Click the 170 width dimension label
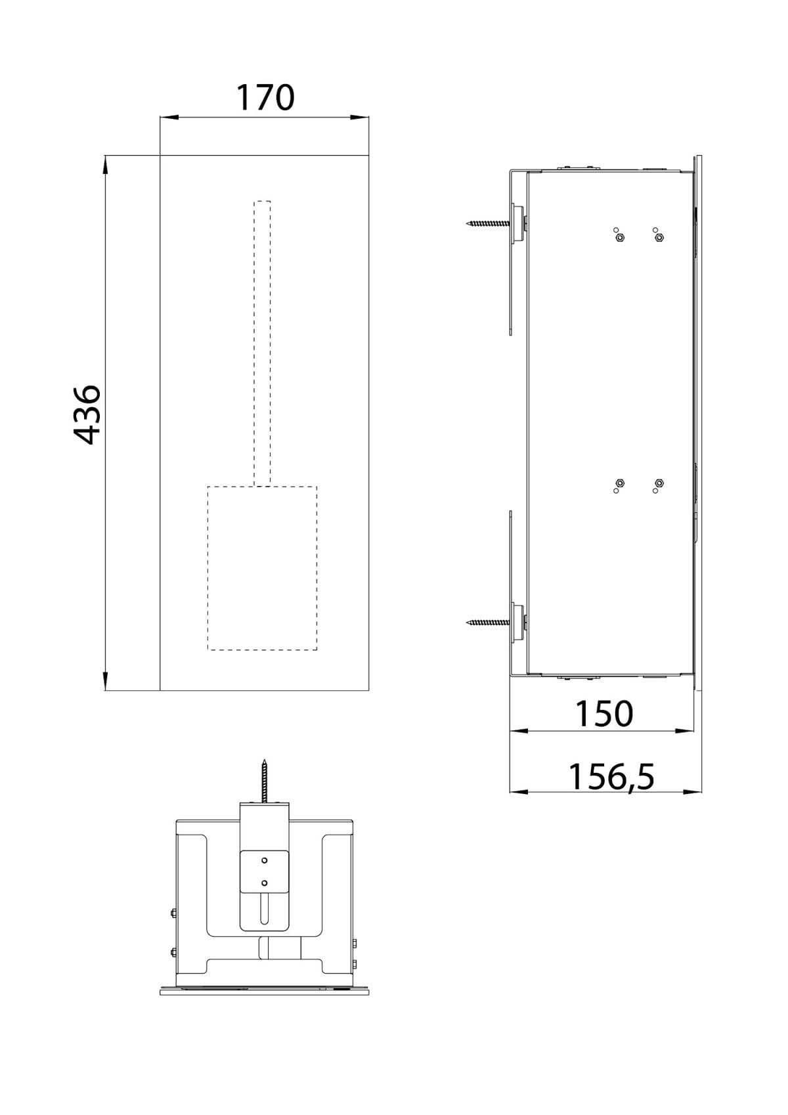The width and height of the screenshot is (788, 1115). [x=265, y=97]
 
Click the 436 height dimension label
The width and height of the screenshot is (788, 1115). [x=87, y=415]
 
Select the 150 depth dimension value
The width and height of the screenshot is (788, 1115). [x=604, y=714]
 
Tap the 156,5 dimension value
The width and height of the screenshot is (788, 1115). [x=611, y=777]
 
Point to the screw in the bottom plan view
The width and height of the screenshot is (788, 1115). [x=265, y=781]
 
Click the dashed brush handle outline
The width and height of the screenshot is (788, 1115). [x=263, y=341]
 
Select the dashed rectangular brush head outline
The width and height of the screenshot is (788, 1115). [x=263, y=568]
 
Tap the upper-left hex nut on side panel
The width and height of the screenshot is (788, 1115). [x=619, y=238]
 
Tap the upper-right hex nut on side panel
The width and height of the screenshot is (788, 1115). [x=659, y=237]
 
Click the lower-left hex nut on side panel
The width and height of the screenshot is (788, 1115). [x=620, y=483]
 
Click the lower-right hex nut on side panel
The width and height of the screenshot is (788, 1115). [x=659, y=483]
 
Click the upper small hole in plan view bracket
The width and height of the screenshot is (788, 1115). [x=265, y=860]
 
